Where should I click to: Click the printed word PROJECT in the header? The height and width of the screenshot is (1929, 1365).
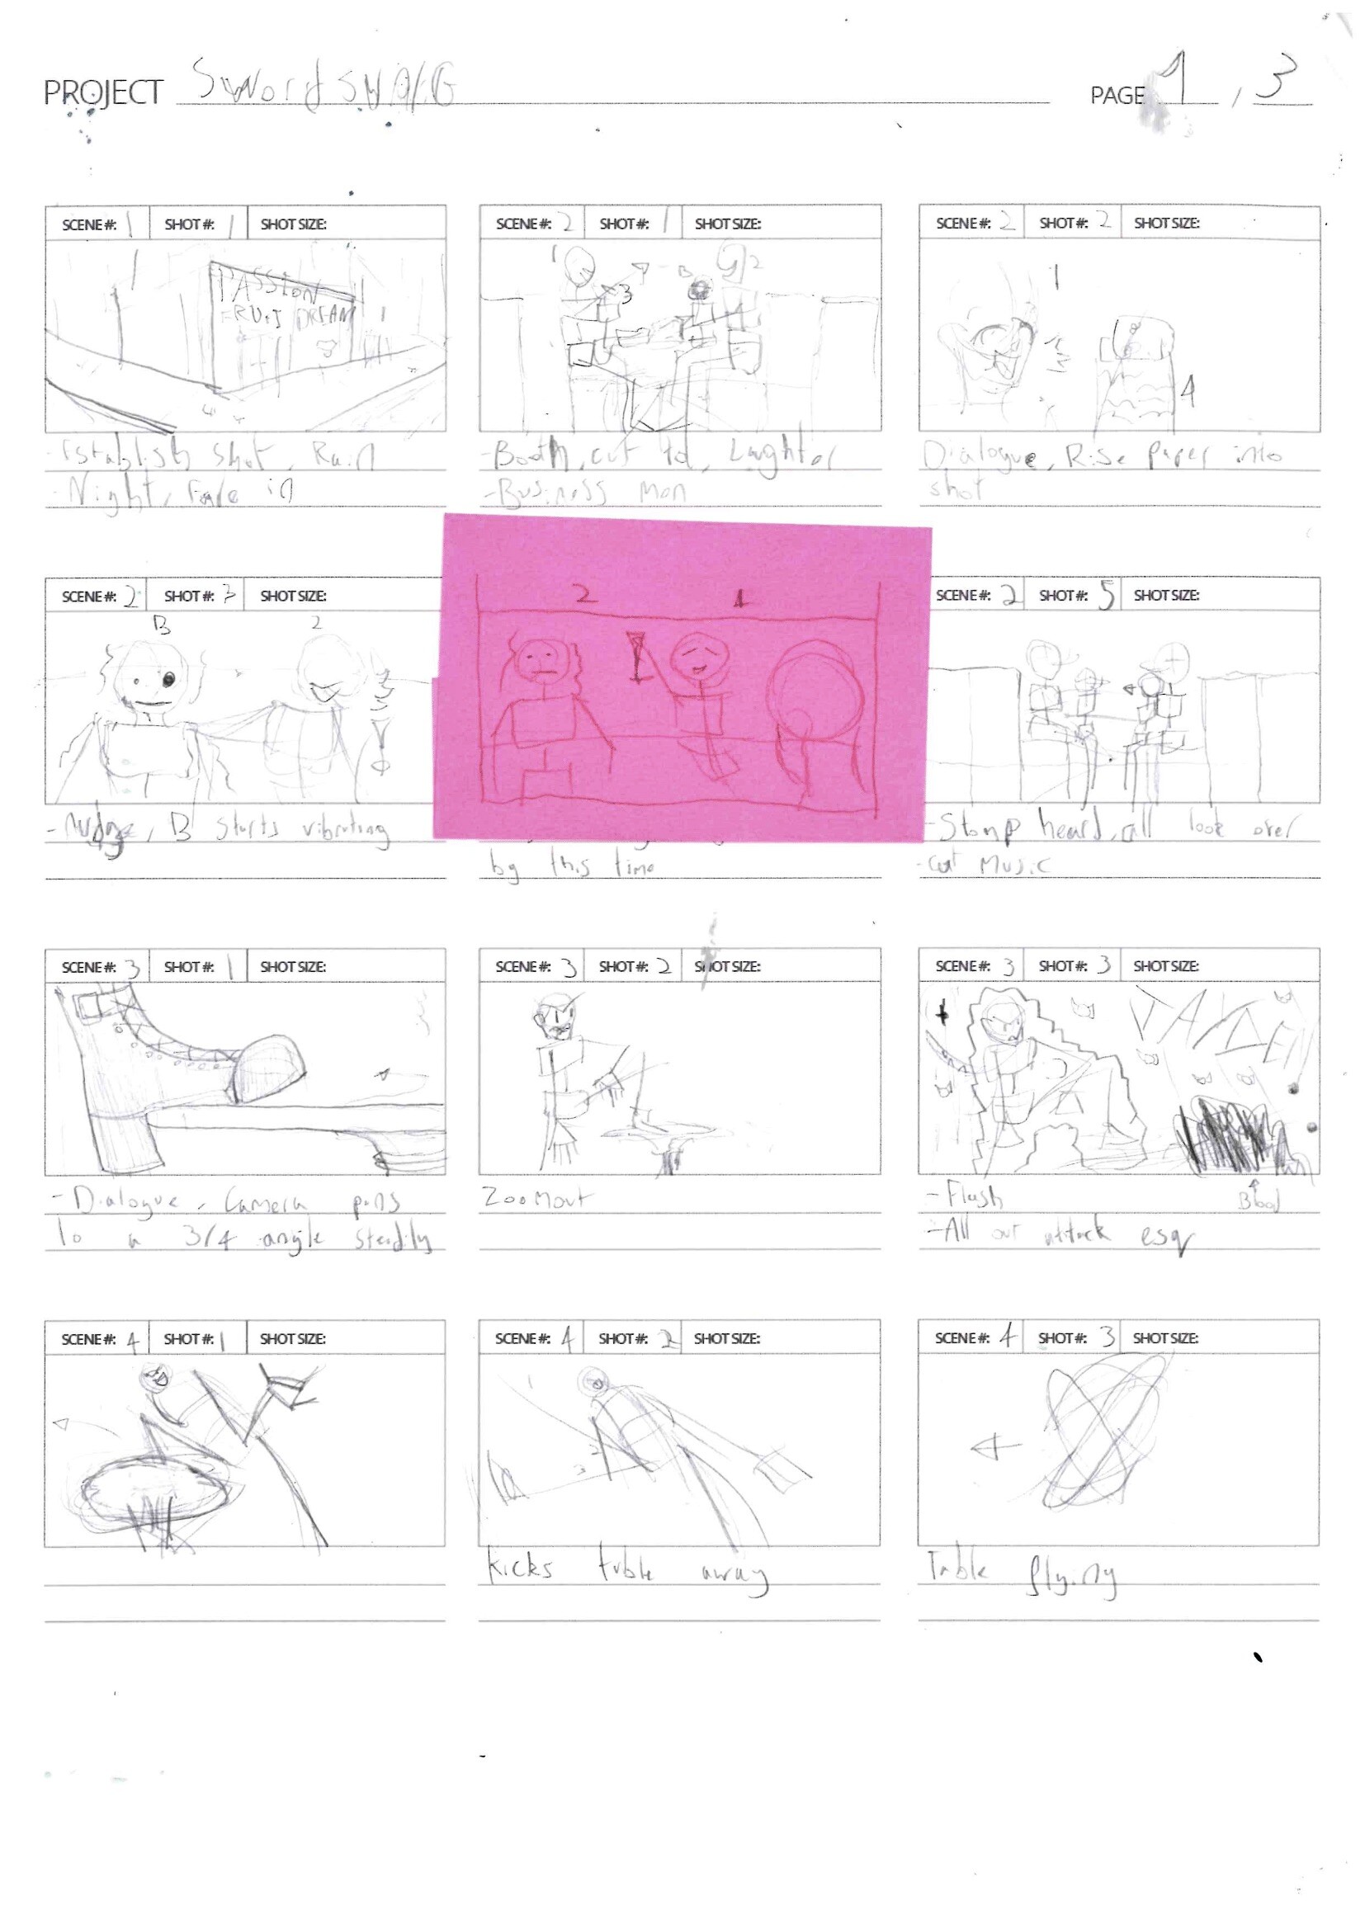pyautogui.click(x=102, y=92)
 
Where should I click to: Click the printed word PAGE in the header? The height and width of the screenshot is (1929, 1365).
pyautogui.click(x=1117, y=96)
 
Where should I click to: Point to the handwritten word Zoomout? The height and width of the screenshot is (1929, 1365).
pyautogui.click(x=537, y=1198)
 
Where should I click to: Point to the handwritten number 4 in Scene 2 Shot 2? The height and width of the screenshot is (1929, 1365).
pyautogui.click(x=1187, y=391)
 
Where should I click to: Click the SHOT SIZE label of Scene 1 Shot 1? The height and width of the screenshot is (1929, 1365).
pyautogui.click(x=293, y=224)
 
